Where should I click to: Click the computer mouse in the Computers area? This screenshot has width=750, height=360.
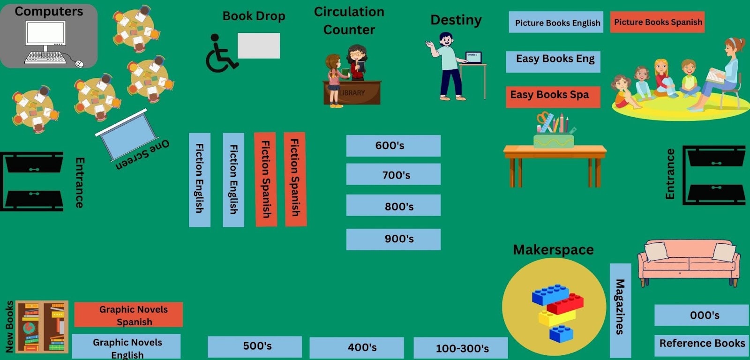79,63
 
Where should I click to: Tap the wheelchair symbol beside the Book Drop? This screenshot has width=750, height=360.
221,53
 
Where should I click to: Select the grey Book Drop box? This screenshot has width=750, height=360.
258,45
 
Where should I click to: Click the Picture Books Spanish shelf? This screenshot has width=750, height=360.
657,22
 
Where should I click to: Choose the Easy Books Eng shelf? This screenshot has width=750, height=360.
553,61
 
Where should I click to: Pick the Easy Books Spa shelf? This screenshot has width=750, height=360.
553,97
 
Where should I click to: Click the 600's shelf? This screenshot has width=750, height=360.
393,146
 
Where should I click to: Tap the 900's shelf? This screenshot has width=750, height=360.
393,239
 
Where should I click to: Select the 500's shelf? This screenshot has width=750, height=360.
255,347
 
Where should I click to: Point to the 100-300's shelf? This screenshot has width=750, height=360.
461,348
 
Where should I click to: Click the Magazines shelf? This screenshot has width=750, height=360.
621,310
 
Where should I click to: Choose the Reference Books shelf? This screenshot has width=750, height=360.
702,345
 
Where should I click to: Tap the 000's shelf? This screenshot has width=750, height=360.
702,315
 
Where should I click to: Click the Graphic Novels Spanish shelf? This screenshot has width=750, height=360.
128,315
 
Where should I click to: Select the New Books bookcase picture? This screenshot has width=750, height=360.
42,327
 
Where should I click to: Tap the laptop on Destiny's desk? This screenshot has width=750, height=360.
474,57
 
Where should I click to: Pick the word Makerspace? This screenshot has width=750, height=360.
553,250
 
